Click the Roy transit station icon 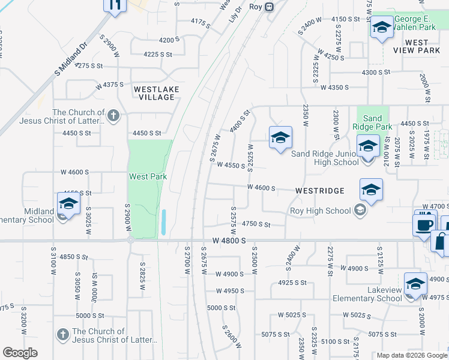[270, 7]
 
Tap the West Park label [148, 176]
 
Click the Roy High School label [321, 211]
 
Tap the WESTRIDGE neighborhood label [320, 191]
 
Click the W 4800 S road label [229, 241]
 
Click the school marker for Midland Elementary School [69, 204]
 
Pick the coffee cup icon [426, 224]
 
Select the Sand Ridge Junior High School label [325, 158]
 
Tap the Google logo [20, 353]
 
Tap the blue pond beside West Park [164, 223]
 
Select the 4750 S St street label [256, 224]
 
